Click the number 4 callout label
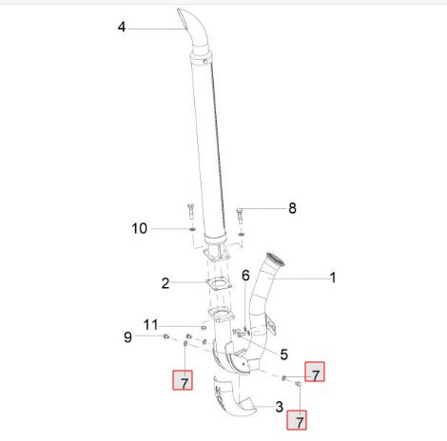(122, 28)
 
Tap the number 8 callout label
(292, 208)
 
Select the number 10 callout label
(140, 228)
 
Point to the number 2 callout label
(165, 283)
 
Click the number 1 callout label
(333, 278)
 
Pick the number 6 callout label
(245, 276)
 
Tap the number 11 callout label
(151, 325)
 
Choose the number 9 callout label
(127, 337)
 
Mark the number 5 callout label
(284, 355)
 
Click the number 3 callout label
(279, 407)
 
